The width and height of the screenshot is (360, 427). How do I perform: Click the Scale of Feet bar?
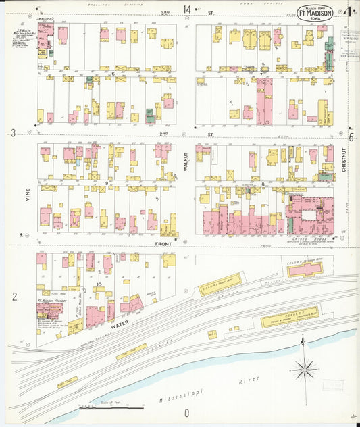pos(111,409)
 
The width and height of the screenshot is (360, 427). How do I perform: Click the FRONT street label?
pos(163,243)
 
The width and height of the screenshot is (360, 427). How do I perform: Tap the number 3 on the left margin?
pos(14,134)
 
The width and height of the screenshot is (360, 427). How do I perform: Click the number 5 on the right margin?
pos(351,137)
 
